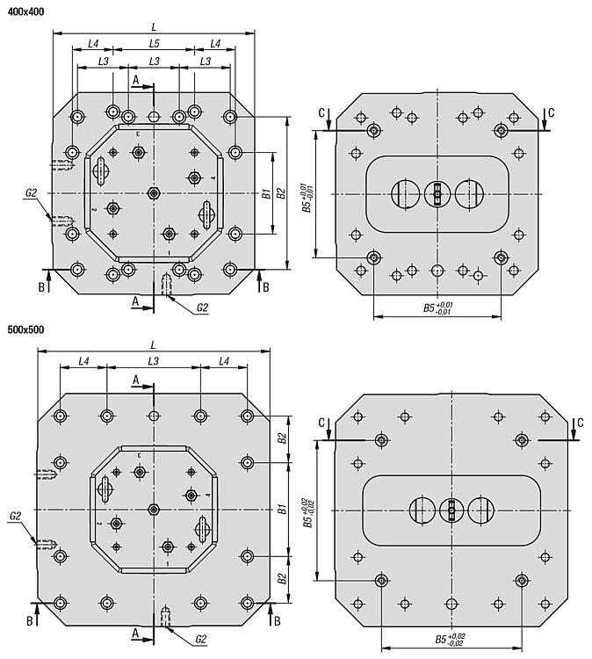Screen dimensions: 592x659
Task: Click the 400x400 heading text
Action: point(25,11)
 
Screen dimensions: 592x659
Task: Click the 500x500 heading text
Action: point(25,329)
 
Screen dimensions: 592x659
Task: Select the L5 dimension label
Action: point(155,43)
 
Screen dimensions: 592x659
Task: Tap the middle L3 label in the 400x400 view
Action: point(155,62)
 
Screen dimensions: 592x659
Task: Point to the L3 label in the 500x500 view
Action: point(154,361)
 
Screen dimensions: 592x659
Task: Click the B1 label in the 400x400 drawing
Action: point(266,194)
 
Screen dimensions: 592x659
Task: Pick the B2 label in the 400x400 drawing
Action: point(281,193)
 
